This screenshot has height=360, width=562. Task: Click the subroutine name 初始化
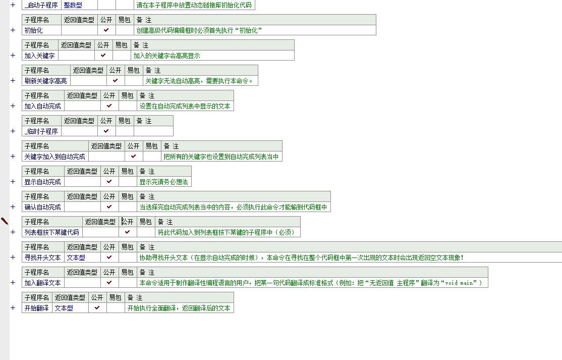click(x=34, y=30)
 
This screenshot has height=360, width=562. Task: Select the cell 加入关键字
click(x=40, y=56)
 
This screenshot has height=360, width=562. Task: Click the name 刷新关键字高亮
click(x=46, y=81)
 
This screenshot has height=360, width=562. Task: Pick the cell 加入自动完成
click(x=43, y=106)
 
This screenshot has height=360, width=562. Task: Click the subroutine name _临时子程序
click(x=41, y=131)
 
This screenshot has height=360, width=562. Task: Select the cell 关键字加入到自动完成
click(x=55, y=157)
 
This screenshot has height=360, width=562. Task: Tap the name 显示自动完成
click(x=43, y=182)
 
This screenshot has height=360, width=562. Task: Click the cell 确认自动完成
click(x=43, y=207)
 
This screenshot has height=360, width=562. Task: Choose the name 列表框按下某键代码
click(x=52, y=232)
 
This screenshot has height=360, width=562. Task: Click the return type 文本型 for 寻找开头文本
click(x=76, y=258)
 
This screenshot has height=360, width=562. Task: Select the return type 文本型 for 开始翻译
click(x=64, y=308)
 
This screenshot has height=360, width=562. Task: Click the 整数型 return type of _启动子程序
click(x=73, y=5)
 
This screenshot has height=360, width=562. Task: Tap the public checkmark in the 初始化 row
click(x=106, y=30)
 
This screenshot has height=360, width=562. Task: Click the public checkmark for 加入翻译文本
click(x=109, y=283)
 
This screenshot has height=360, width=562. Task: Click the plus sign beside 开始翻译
click(x=13, y=308)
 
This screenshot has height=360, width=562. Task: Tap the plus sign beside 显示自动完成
click(x=13, y=182)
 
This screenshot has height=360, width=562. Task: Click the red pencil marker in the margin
click(x=5, y=221)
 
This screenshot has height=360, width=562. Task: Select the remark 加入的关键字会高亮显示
click(x=167, y=56)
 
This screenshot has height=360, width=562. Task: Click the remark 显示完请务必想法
click(x=164, y=182)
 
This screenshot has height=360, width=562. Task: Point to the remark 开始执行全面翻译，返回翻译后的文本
click(x=179, y=308)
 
